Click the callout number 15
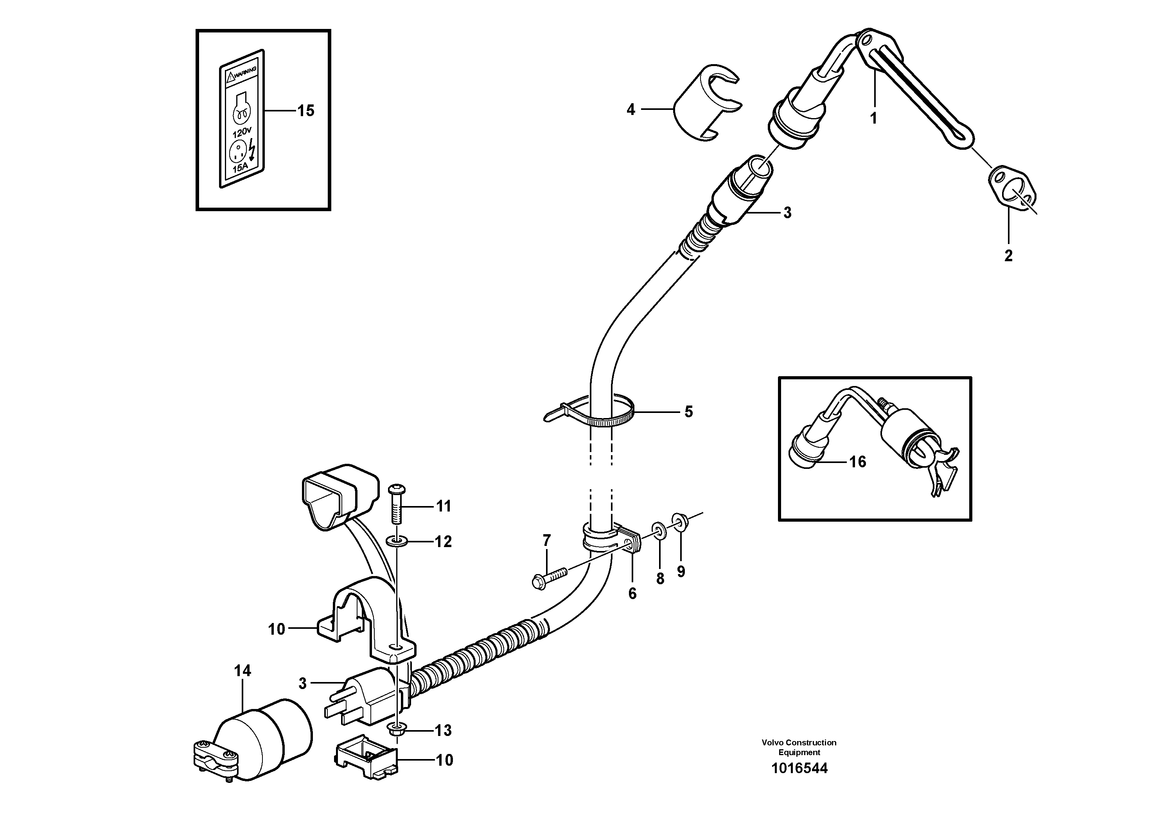pos(306,111)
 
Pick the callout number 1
pos(873,118)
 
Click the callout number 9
pos(681,572)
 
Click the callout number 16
pos(858,462)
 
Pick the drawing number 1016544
pos(799,768)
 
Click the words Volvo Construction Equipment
pos(799,747)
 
